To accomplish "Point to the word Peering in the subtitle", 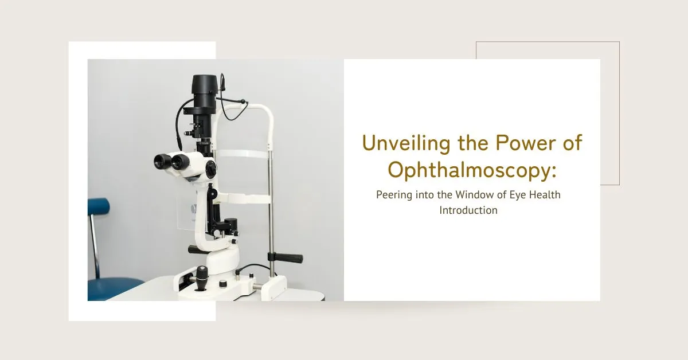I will [x=395, y=195].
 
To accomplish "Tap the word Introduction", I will [x=468, y=210].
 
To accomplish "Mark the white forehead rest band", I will [x=241, y=154].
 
